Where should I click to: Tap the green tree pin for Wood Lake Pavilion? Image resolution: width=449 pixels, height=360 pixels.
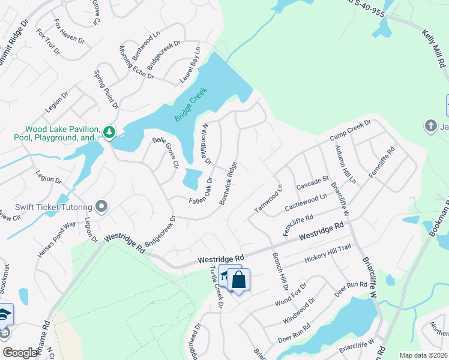click(109, 131)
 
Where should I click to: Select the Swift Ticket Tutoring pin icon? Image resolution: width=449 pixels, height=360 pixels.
click(101, 207)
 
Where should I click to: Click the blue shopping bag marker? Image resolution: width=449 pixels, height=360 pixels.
click(238, 280)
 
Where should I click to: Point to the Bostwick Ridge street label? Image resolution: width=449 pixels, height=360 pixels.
click(228, 183)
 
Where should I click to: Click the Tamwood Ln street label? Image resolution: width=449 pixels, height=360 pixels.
click(268, 199)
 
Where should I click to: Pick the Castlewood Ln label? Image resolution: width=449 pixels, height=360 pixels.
click(306, 201)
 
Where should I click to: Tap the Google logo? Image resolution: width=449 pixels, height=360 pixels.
click(20, 353)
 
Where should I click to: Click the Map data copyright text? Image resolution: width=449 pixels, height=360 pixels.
click(423, 355)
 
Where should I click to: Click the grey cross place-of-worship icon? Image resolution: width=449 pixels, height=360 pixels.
click(430, 126)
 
